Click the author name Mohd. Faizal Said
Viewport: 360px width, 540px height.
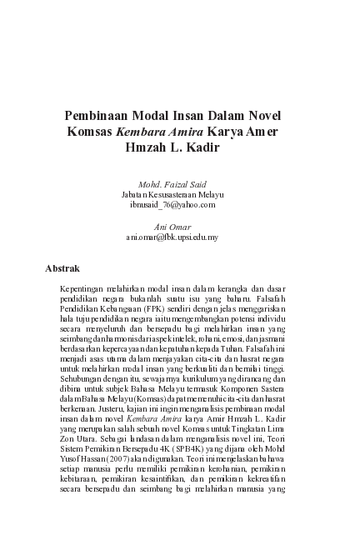pos(172,184)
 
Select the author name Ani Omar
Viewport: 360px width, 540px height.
pos(172,227)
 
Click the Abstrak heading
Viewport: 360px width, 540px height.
pos(62,269)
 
